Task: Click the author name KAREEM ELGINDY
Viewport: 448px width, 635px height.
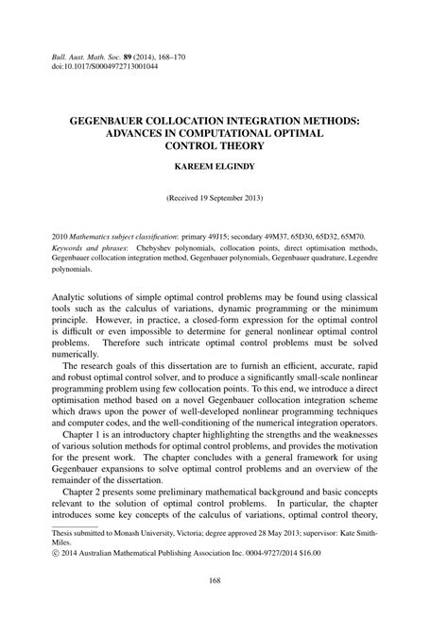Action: click(x=223, y=170)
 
